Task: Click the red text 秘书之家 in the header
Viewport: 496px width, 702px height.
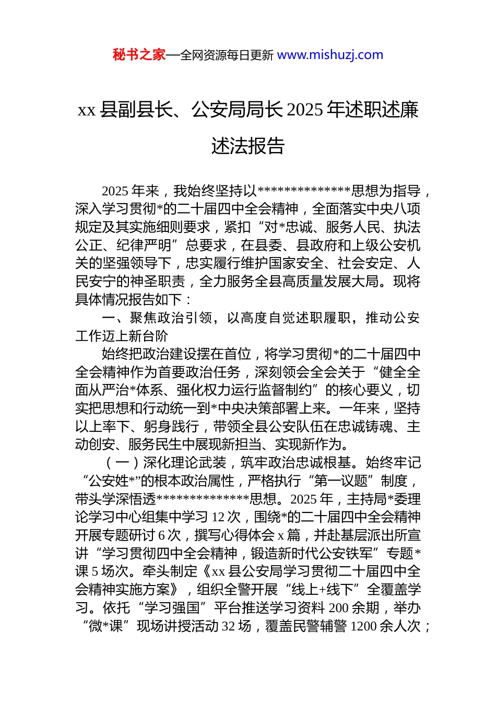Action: (139, 55)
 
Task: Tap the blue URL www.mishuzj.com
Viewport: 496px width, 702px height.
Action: (330, 55)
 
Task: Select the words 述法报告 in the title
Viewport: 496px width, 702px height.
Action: (248, 146)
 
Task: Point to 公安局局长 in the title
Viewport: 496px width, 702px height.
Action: (237, 110)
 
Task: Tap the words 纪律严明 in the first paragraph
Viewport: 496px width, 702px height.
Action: (144, 245)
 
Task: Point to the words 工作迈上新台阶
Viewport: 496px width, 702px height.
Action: (122, 336)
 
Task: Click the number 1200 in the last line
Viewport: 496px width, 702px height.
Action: (363, 626)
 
